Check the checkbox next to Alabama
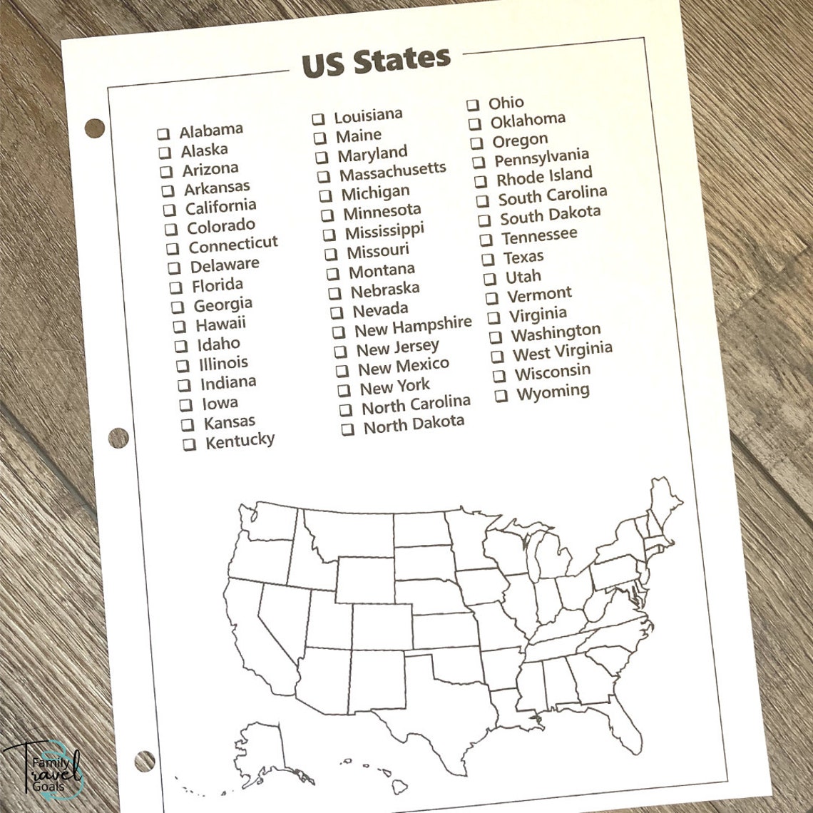(163, 133)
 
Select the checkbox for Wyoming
(501, 395)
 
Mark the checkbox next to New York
(344, 390)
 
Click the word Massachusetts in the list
(392, 171)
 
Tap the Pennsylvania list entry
(541, 158)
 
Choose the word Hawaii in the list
(220, 324)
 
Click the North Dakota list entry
(414, 426)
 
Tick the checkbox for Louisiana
(318, 119)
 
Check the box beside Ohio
(473, 105)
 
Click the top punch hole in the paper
(95, 128)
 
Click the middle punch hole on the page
(118, 437)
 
